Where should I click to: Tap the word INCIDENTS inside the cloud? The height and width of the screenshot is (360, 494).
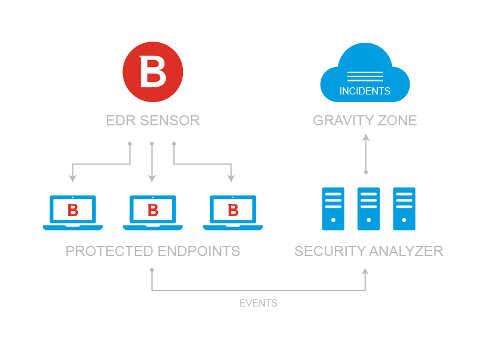[x=365, y=91]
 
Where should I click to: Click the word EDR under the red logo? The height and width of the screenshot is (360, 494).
[x=118, y=121]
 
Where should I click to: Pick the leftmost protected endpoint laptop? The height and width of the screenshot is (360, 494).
[x=72, y=212]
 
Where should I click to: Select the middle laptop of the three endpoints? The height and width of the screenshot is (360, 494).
[x=153, y=212]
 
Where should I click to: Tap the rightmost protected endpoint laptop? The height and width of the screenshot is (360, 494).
[x=233, y=212]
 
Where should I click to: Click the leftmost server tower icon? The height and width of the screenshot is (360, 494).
[x=333, y=209]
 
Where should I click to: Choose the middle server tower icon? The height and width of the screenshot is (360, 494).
[x=369, y=209]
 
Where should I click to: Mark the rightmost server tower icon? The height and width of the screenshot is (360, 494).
[x=404, y=209]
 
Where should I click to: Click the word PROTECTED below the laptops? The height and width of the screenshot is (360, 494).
[x=109, y=251]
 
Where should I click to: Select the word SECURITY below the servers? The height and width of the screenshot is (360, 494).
[x=330, y=251]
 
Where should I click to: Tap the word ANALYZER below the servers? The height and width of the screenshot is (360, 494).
[x=406, y=251]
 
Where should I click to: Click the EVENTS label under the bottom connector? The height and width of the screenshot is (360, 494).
[x=258, y=303]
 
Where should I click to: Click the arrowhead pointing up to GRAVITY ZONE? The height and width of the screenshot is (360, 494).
[x=366, y=137]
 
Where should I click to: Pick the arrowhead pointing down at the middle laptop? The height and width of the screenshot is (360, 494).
[x=152, y=178]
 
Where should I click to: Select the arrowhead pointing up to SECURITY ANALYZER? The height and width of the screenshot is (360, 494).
[x=366, y=271]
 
